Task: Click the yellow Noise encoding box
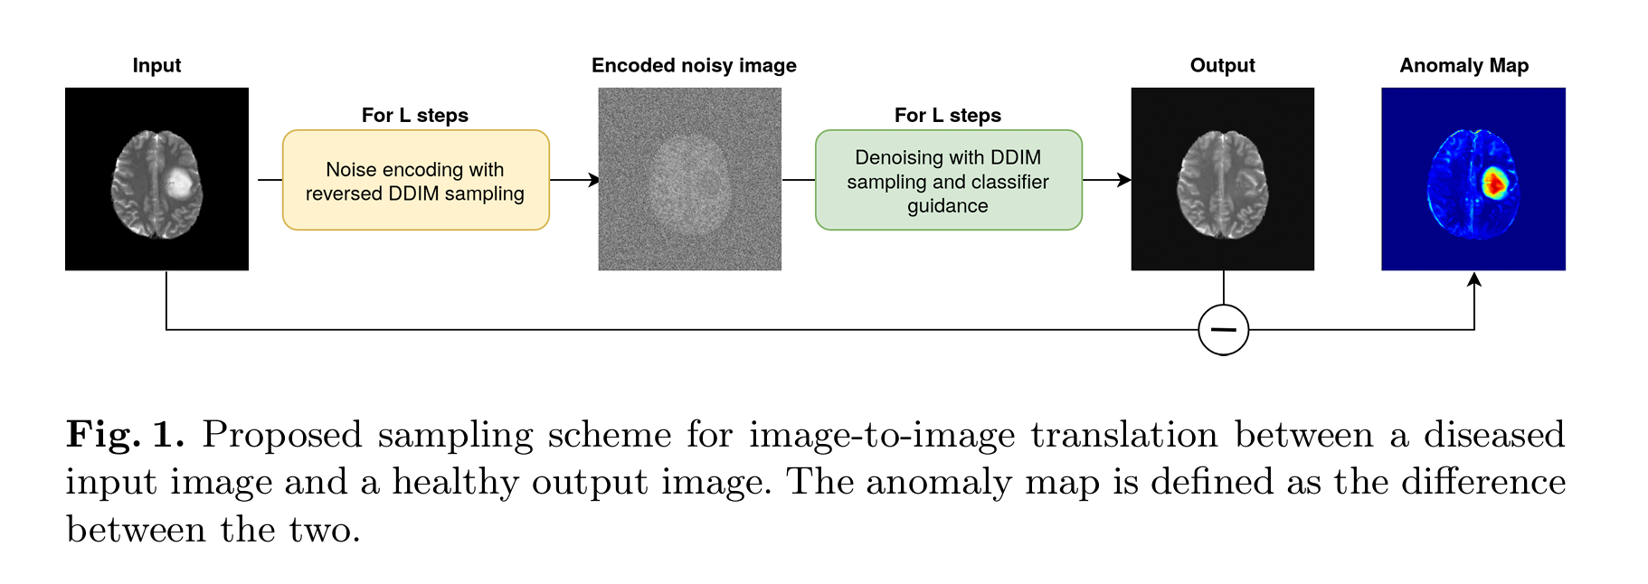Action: click(x=416, y=180)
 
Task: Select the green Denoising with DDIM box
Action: click(x=949, y=180)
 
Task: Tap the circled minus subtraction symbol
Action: click(x=1224, y=330)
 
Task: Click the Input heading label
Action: click(x=156, y=66)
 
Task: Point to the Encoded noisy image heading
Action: click(x=694, y=66)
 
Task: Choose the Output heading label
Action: click(x=1222, y=66)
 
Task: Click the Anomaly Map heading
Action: click(x=1464, y=66)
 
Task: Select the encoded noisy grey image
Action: click(x=690, y=179)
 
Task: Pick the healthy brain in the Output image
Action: click(x=1222, y=184)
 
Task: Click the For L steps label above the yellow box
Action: click(x=415, y=116)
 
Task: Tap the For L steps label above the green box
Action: click(x=948, y=116)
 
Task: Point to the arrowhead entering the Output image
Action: click(x=1124, y=180)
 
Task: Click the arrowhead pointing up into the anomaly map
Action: click(x=1474, y=279)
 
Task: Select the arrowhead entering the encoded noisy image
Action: click(x=593, y=180)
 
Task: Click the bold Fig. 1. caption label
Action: click(x=125, y=435)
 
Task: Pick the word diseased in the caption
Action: click(x=1494, y=435)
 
